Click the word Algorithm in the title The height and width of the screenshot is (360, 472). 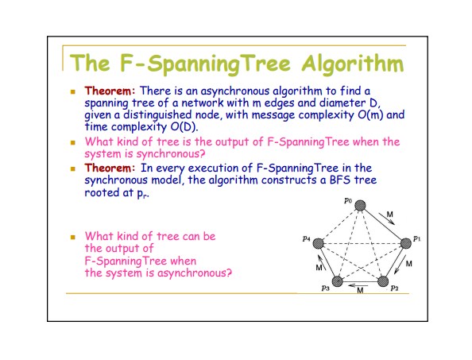click(353, 64)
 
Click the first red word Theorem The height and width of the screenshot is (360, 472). click(108, 91)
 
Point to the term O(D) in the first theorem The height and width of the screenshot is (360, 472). click(184, 126)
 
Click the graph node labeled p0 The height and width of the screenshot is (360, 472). click(360, 206)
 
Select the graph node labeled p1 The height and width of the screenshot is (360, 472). click(406, 243)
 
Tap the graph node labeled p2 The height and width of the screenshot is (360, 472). click(383, 281)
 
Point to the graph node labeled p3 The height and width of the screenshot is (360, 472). click(338, 281)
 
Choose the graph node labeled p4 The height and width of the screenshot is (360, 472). click(318, 243)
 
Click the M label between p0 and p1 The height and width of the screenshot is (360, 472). click(390, 215)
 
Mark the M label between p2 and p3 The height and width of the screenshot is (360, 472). click(360, 290)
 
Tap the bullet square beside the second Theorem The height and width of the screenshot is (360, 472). click(72, 168)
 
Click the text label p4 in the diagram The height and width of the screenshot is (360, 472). click(307, 238)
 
